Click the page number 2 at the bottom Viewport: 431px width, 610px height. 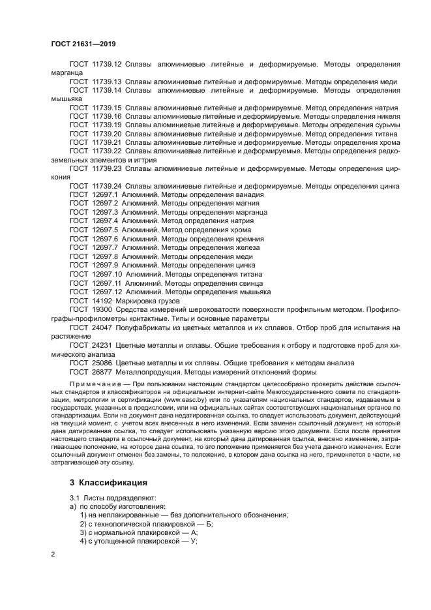53,553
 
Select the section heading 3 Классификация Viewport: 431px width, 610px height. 108,483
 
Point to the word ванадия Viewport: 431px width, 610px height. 249,194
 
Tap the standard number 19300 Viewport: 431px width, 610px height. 100,310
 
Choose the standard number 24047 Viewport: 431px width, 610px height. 100,328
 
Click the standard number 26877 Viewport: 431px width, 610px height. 100,372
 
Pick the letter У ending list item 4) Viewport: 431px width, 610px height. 194,541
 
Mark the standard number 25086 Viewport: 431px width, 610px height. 100,363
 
